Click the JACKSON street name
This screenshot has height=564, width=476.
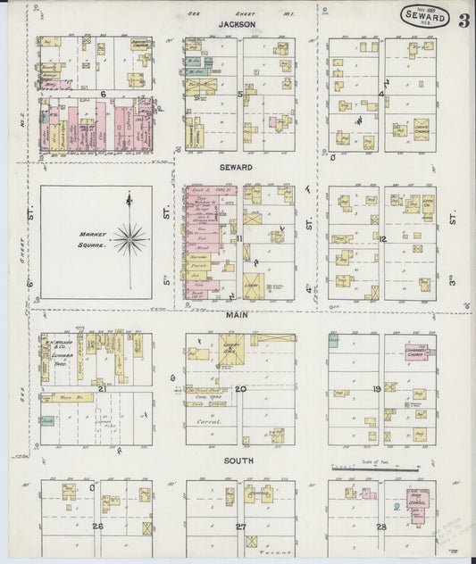[237, 26]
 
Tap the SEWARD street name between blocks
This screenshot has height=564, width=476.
[237, 167]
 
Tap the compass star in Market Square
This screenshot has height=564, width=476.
[130, 237]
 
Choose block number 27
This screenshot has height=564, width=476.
[240, 527]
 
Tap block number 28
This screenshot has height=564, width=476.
[380, 527]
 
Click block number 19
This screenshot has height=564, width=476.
[378, 389]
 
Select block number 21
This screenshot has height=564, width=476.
[102, 389]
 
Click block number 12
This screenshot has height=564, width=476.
[381, 239]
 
